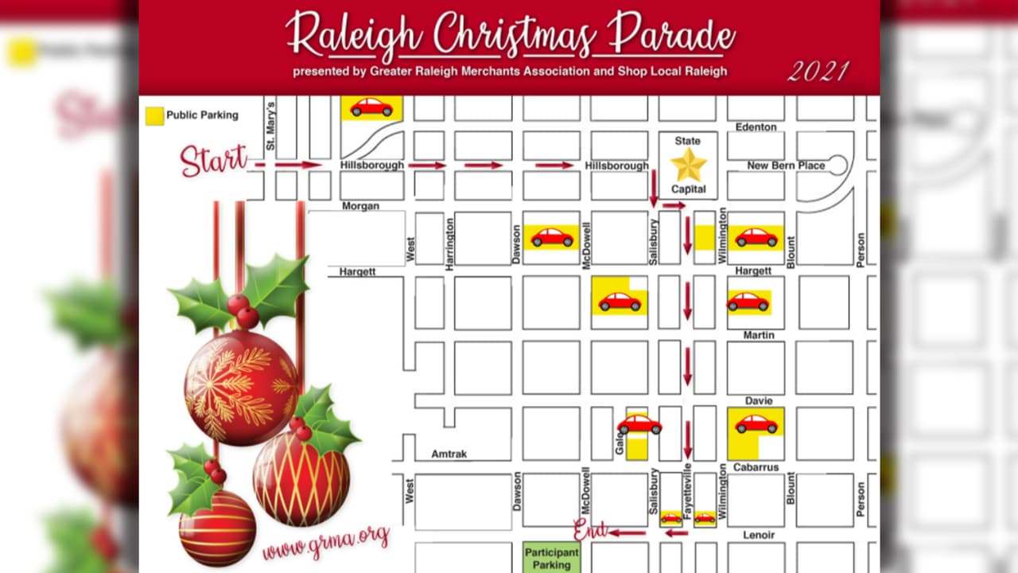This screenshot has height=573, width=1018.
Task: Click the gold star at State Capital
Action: pyautogui.click(x=688, y=165)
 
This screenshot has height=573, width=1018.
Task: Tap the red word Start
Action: pyautogui.click(x=213, y=160)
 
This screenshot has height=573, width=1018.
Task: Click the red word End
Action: pyautogui.click(x=591, y=529)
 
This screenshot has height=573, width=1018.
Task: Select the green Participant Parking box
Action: pyautogui.click(x=551, y=558)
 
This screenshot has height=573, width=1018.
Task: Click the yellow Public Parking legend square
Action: pyautogui.click(x=154, y=115)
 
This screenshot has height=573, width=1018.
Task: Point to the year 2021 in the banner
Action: pyautogui.click(x=818, y=72)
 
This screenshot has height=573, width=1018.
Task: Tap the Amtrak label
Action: pyautogui.click(x=449, y=454)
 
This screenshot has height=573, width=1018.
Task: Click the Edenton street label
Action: pyautogui.click(x=756, y=127)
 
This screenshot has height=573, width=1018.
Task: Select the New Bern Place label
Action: pyautogui.click(x=786, y=166)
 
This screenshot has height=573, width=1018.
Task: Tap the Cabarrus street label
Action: pyautogui.click(x=756, y=468)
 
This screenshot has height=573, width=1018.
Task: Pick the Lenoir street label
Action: pyautogui.click(x=758, y=536)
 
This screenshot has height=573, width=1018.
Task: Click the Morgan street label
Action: pyautogui.click(x=360, y=206)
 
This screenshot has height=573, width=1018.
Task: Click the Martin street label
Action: pyautogui.click(x=758, y=335)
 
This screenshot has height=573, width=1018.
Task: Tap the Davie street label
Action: pyautogui.click(x=759, y=401)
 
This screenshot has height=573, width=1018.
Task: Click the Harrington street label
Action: pyautogui.click(x=449, y=244)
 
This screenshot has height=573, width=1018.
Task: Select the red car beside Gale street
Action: pyautogui.click(x=639, y=424)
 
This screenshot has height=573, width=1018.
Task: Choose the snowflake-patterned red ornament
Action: pyautogui.click(x=240, y=388)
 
